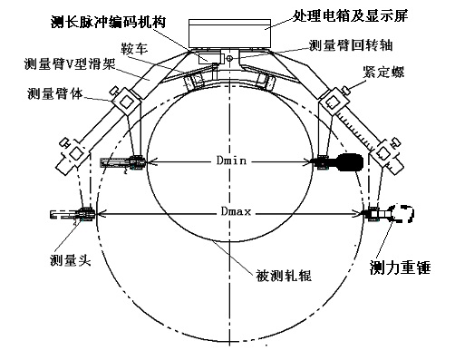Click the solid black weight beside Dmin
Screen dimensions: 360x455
click(348, 163)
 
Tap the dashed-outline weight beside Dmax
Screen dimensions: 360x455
click(401, 214)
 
